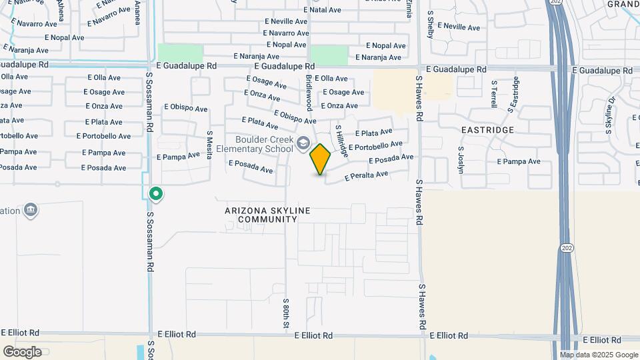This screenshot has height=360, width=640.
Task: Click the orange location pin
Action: (321, 159)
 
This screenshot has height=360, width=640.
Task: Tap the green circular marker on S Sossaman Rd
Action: (156, 194)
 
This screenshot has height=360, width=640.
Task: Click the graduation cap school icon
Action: (303, 143)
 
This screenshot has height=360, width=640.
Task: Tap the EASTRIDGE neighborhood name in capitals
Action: (488, 130)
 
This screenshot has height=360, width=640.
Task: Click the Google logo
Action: (22, 351)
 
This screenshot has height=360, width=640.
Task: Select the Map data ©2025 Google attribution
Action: (599, 355)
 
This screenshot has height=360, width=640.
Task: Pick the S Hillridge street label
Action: (341, 140)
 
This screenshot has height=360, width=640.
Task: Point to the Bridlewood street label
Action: (309, 93)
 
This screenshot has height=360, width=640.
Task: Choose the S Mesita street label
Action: (209, 145)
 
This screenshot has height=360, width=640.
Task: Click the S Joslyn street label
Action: (460, 160)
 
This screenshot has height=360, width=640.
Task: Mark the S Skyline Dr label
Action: (610, 115)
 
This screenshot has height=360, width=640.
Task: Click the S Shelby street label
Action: (431, 26)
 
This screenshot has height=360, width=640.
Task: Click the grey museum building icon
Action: (30, 211)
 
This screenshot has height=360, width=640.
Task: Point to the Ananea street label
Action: (138, 12)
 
